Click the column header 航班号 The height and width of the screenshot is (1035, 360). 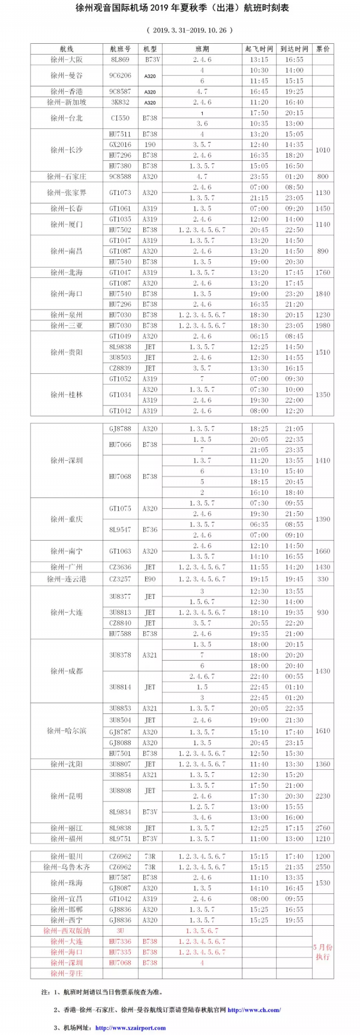[120, 49]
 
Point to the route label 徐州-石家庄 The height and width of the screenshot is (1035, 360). [67, 177]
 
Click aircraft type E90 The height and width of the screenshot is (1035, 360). [150, 579]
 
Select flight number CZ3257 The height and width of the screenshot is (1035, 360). [120, 579]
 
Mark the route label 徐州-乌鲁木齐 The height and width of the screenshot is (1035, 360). [67, 867]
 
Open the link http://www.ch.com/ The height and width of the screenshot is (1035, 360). [254, 1010]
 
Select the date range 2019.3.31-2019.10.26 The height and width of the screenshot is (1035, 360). [180, 29]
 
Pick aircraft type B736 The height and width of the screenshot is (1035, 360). [150, 530]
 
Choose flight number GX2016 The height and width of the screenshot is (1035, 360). [120, 145]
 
